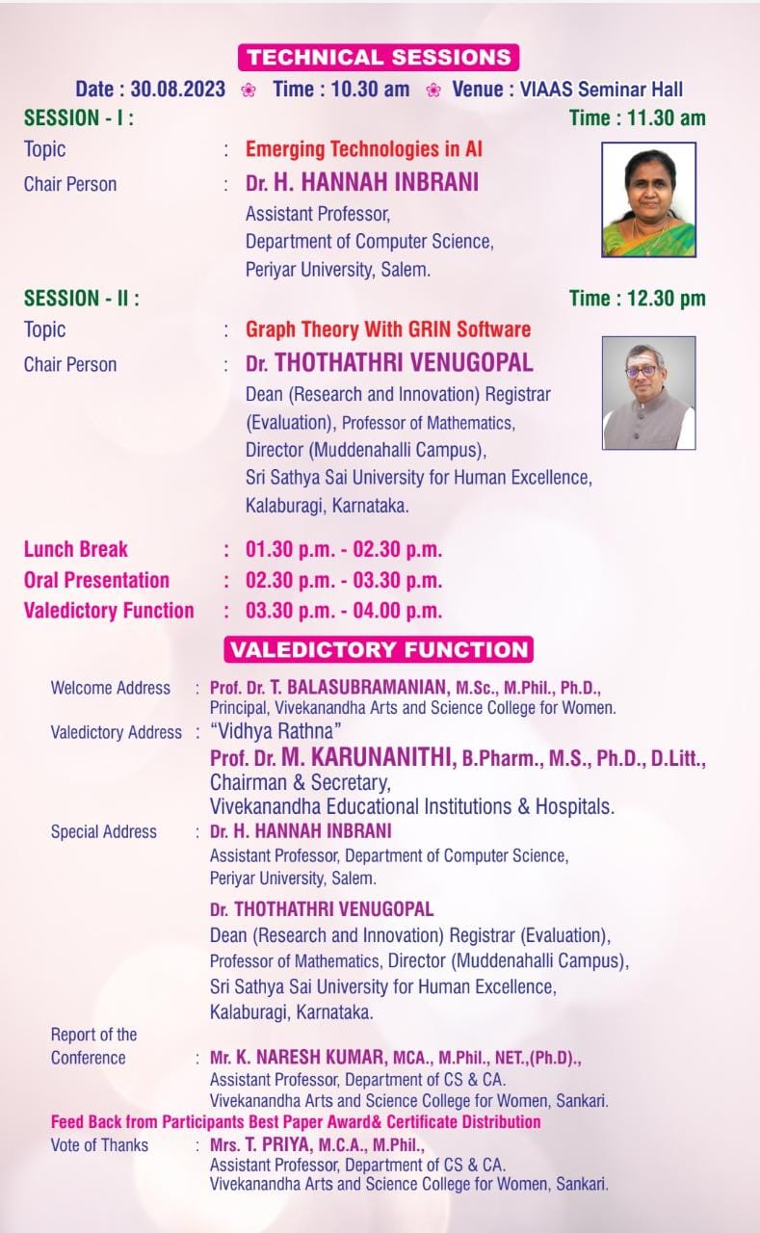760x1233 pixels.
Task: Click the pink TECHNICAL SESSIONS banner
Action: point(379,57)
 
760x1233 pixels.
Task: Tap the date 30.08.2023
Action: point(178,90)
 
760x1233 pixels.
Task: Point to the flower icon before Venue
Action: point(433,90)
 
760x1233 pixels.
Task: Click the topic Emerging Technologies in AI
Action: point(364,148)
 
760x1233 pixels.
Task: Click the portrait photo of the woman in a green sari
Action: point(649,199)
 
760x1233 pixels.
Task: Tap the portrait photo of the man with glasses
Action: point(649,393)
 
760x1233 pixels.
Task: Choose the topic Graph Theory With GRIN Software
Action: point(388,329)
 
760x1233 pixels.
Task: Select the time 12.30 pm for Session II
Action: point(666,299)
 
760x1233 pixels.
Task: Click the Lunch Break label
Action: point(75,549)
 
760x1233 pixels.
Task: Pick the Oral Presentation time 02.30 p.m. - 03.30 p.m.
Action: point(344,580)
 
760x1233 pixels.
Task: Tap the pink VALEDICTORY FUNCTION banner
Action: point(379,649)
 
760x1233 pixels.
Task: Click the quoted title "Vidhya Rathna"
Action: point(275,731)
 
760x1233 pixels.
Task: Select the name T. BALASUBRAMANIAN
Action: point(360,687)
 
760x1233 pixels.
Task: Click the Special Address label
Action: point(103,831)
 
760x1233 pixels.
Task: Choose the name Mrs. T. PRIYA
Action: point(261,1144)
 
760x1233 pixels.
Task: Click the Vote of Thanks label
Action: point(99,1145)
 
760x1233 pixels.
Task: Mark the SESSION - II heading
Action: point(82,299)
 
